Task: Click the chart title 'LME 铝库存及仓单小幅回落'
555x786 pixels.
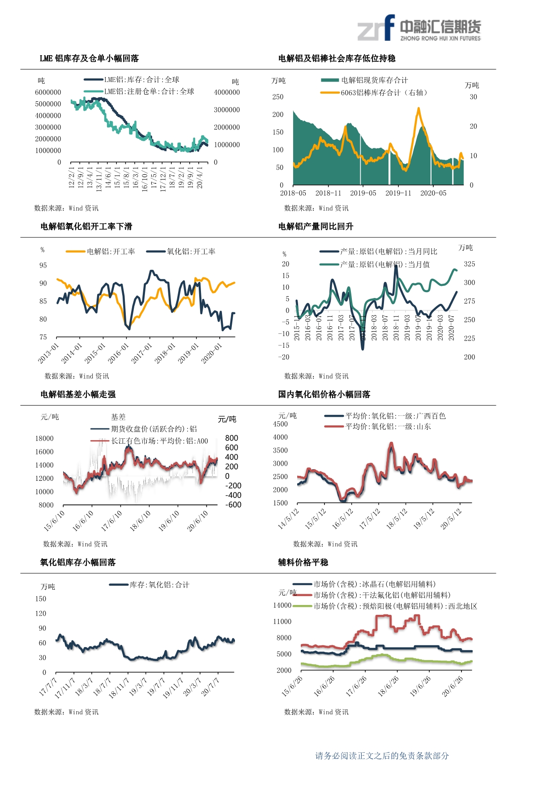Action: point(89,58)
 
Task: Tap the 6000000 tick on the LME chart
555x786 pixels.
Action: point(48,92)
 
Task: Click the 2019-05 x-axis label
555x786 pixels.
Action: point(363,193)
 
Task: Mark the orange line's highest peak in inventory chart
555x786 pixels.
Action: point(418,108)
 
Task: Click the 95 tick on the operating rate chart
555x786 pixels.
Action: point(43,265)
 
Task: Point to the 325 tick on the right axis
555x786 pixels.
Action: point(470,264)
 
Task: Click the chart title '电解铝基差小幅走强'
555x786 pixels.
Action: point(78,394)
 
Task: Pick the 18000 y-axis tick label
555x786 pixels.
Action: point(44,438)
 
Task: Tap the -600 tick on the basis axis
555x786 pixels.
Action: point(233,505)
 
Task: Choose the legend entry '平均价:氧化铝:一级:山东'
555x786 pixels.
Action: point(388,427)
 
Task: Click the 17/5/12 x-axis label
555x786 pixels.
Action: point(370,519)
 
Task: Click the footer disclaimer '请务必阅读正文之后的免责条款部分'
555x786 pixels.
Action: point(382,756)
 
